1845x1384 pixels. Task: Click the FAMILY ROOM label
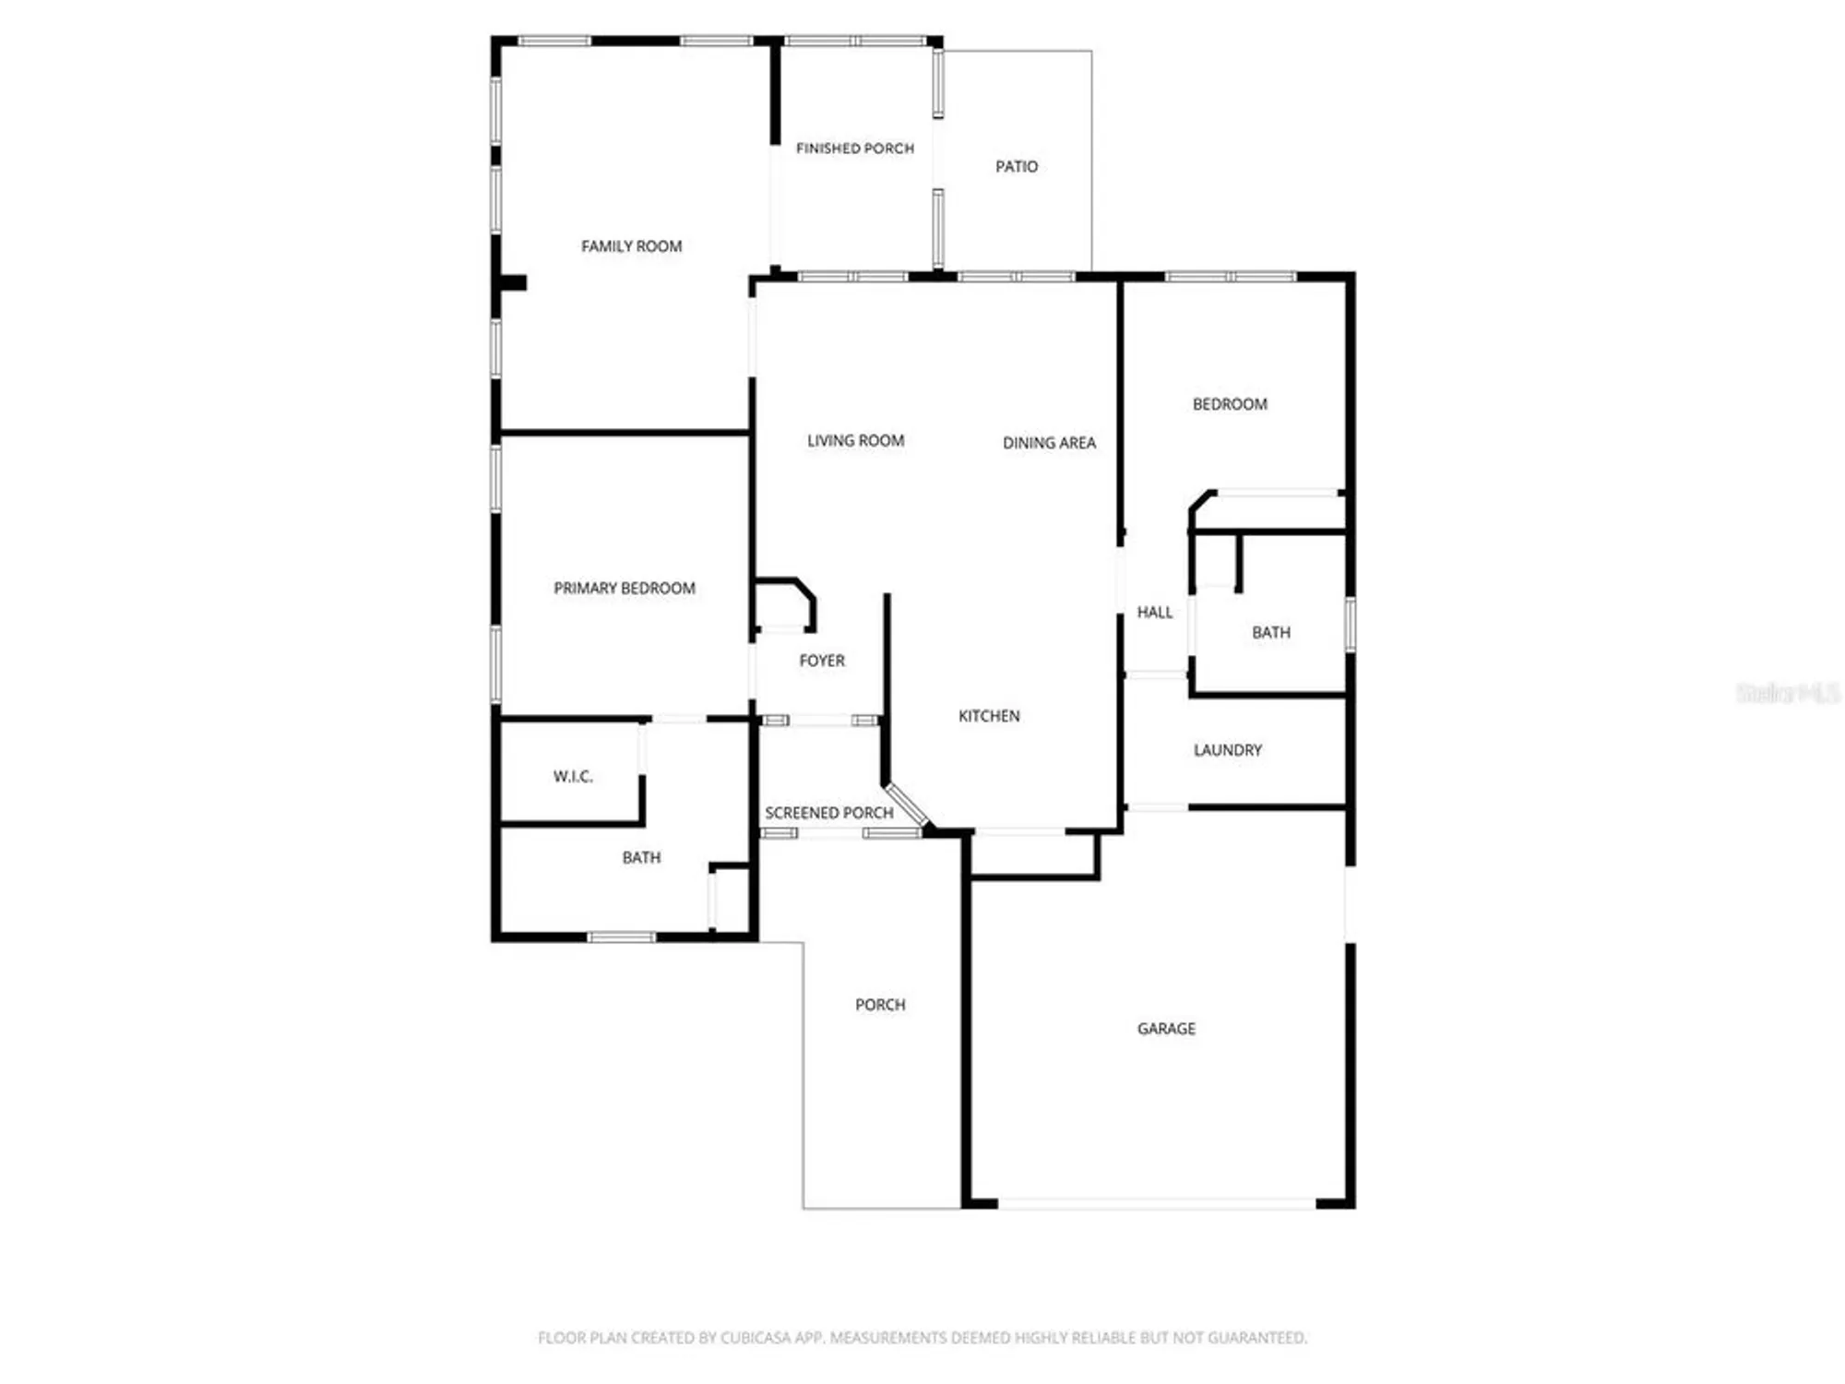631,246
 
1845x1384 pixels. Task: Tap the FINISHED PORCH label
854,149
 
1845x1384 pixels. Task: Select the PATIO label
1016,167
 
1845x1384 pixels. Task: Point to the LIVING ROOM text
855,441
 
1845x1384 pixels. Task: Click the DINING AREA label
1049,443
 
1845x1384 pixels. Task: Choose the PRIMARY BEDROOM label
624,589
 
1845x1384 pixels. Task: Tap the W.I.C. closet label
573,777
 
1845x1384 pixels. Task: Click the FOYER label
821,661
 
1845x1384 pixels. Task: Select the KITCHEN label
988,716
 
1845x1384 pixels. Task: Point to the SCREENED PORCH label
828,813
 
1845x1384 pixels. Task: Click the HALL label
1154,613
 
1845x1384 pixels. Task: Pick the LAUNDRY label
1227,750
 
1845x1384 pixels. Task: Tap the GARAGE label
1165,1029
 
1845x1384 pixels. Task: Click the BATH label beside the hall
1270,633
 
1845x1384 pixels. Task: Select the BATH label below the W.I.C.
641,858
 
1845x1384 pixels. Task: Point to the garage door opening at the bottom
1156,1204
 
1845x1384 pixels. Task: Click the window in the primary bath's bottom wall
621,937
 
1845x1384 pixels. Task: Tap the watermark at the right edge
1787,693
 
